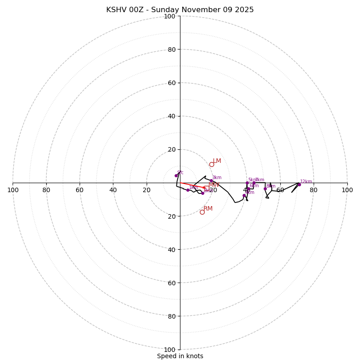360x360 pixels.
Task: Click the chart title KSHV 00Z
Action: pyautogui.click(x=180, y=10)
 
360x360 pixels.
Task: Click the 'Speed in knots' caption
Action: pyautogui.click(x=180, y=356)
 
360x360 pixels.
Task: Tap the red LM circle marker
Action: pyautogui.click(x=211, y=164)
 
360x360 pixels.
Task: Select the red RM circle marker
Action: pyautogui.click(x=202, y=212)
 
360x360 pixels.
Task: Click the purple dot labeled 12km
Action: pyautogui.click(x=299, y=184)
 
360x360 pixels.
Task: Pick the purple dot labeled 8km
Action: pyautogui.click(x=265, y=189)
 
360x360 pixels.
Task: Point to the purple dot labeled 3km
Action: pyautogui.click(x=211, y=180)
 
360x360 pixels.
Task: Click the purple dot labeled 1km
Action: pyautogui.click(x=188, y=190)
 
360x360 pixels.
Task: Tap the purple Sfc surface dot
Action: pyautogui.click(x=176, y=175)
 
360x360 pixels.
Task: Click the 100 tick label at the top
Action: pyautogui.click(x=170, y=16)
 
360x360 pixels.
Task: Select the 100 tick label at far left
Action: pyautogui.click(x=13, y=190)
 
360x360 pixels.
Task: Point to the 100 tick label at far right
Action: pyautogui.click(x=347, y=190)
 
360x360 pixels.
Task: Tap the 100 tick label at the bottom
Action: pyautogui.click(x=170, y=349)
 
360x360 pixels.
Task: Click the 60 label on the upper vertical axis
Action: pyautogui.click(x=171, y=83)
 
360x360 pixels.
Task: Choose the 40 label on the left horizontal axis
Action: pyautogui.click(x=113, y=190)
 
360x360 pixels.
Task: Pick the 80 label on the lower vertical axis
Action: pyautogui.click(x=171, y=316)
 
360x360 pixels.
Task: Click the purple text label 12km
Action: pyautogui.click(x=306, y=182)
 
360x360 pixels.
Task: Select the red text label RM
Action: pyautogui.click(x=208, y=208)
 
